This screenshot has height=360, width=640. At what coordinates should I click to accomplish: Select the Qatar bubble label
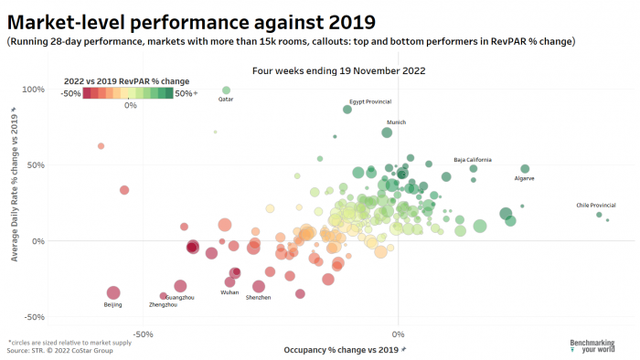coord(225,101)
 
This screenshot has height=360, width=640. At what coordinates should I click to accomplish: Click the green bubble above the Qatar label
coord(226,90)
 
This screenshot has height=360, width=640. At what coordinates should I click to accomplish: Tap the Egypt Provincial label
coord(370,101)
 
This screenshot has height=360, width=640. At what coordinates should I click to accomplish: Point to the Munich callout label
coord(396,122)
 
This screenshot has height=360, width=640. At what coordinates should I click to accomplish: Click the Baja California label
coord(473,160)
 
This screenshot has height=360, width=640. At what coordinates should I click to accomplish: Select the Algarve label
coord(524,178)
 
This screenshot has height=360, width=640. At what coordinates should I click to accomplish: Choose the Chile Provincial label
coord(595,205)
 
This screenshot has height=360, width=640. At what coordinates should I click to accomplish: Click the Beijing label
coord(112,304)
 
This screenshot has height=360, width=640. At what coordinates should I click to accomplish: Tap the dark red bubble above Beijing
coord(113,292)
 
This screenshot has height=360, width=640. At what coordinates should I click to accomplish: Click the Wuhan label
coord(229,291)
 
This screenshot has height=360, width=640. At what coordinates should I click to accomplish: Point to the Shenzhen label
coord(258,297)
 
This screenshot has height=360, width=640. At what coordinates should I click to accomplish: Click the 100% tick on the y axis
coord(33,90)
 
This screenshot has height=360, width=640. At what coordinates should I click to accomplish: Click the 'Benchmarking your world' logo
coord(592,346)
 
